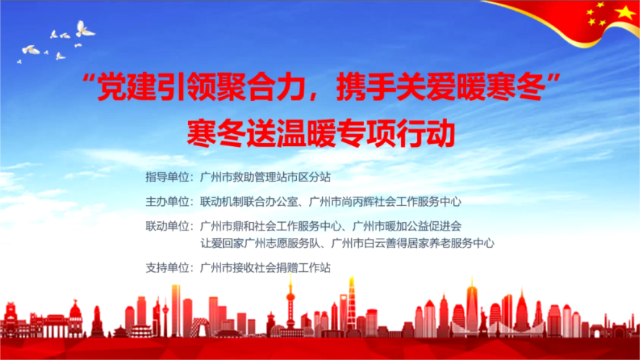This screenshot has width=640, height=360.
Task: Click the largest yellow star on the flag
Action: click(x=625, y=12)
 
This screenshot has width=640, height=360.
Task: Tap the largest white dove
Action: click(x=85, y=30)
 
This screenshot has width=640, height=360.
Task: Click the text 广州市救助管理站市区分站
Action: click(x=265, y=177)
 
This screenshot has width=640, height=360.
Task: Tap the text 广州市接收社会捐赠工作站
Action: click(x=265, y=268)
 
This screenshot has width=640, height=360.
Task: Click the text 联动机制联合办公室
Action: click(x=249, y=202)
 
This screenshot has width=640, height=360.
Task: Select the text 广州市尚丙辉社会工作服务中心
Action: click(x=385, y=202)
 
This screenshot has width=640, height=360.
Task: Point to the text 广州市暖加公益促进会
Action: click(x=407, y=226)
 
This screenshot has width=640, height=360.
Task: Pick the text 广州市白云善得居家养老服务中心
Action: click(x=412, y=244)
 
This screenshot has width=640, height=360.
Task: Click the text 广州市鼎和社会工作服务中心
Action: click(x=271, y=226)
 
